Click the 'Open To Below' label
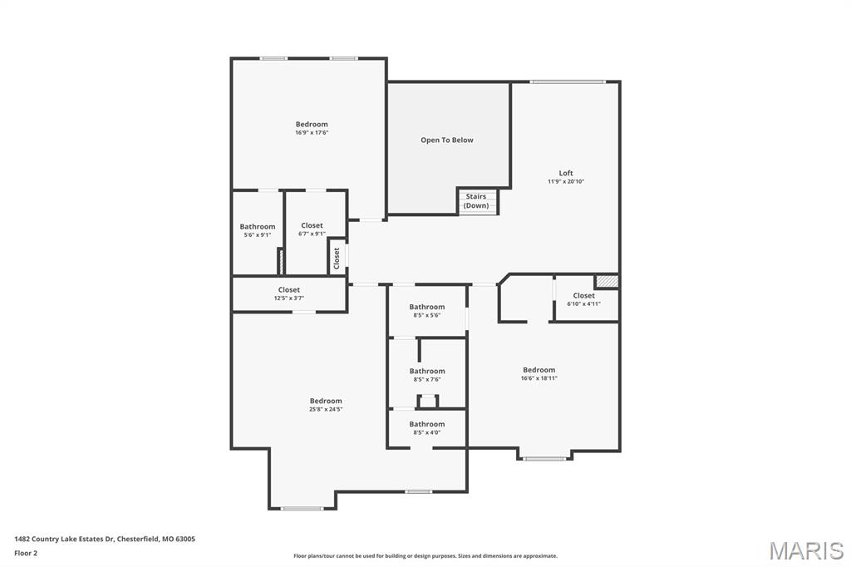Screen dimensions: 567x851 tap(446, 140)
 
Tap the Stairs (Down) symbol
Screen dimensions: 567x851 tap(477, 201)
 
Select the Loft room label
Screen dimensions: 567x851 tap(566, 173)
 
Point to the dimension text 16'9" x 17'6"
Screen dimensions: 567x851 tap(312, 133)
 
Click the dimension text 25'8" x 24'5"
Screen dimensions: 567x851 tap(326, 409)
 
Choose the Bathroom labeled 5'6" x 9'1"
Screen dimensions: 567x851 tap(258, 230)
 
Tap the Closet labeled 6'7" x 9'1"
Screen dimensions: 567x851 tap(312, 229)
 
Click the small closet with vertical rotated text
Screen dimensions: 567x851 tap(337, 257)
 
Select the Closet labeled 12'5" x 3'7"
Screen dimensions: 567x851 tap(288, 293)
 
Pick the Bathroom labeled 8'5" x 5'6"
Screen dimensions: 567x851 tap(426, 311)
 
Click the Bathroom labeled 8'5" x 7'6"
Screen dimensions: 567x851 tap(426, 375)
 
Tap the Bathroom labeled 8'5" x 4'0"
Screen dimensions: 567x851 tap(426, 427)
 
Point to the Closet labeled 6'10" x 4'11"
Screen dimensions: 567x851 tap(583, 299)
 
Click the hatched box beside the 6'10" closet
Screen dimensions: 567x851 tap(607, 282)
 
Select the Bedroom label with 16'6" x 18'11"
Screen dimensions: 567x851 tap(539, 373)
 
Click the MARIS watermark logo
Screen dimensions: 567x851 tap(805, 550)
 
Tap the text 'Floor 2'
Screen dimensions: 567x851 tap(26, 552)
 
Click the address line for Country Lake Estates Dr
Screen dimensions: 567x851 tap(105, 539)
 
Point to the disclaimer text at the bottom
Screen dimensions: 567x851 tap(425, 556)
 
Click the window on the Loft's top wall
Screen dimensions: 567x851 tap(568, 81)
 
